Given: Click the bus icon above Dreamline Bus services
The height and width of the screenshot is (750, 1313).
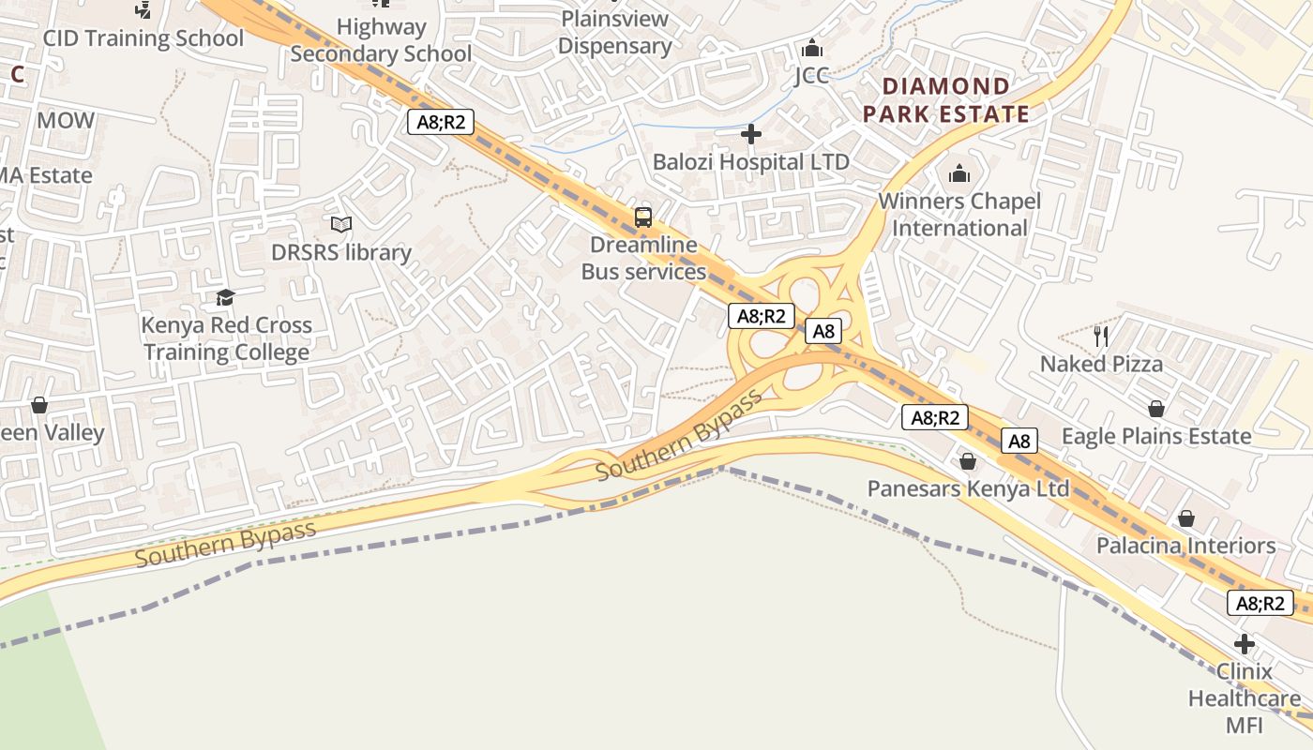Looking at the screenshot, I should [643, 217].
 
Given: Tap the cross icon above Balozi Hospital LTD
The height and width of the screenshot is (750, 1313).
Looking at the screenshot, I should [750, 134].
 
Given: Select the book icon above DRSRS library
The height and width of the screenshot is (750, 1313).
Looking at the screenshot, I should [341, 225].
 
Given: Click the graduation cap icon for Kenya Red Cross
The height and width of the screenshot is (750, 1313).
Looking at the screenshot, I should [225, 298].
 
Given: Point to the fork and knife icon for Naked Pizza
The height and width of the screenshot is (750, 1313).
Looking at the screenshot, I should [1101, 336].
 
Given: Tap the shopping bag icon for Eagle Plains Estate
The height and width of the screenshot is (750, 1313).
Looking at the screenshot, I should [1155, 409].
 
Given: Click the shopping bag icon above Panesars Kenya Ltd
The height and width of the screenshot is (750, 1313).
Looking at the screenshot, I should [968, 461].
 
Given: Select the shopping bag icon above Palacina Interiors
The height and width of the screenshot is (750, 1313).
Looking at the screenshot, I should [1186, 518].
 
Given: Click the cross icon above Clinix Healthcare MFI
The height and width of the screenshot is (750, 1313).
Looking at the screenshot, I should [1245, 644].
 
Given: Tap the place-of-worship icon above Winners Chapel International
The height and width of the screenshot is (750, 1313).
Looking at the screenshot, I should [958, 173].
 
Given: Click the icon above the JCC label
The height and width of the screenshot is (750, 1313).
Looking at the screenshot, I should [812, 48].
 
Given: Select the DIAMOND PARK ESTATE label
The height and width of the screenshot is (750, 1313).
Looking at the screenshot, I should [945, 100].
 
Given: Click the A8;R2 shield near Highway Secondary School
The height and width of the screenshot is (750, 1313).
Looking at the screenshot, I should [441, 121].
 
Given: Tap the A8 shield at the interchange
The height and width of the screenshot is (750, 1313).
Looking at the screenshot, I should [823, 330].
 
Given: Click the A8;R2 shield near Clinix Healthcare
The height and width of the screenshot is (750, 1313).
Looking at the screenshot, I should [1260, 603].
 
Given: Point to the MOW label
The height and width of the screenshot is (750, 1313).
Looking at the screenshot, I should [66, 120].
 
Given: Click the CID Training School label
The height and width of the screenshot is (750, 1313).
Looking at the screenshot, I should [143, 38].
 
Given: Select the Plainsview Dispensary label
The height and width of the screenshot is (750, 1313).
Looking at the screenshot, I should [614, 32].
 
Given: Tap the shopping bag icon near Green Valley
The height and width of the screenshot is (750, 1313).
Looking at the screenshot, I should [39, 405].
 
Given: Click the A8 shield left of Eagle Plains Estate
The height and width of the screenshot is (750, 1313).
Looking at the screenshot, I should [1019, 441].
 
